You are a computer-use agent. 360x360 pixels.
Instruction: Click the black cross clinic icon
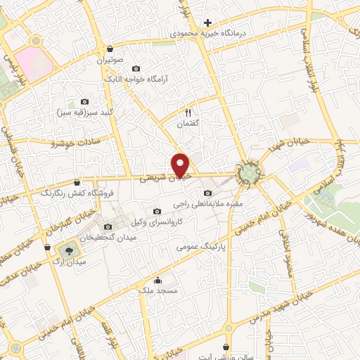click(207, 22)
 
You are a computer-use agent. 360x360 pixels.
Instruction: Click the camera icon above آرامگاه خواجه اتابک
click(136, 68)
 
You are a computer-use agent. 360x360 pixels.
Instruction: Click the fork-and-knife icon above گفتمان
click(188, 112)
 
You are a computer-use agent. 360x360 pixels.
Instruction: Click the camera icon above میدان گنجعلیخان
click(108, 226)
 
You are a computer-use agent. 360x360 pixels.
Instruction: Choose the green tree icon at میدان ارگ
click(70, 251)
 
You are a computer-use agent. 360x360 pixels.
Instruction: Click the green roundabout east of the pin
click(247, 172)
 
